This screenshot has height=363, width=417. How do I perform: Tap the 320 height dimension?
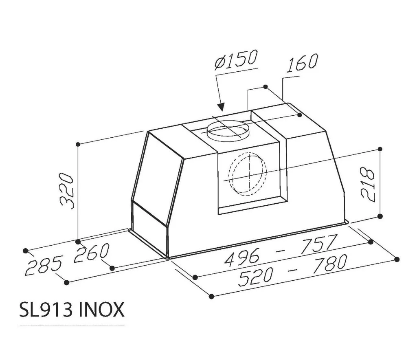pos(66,191)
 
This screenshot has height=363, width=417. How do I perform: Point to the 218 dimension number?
pos(368,184)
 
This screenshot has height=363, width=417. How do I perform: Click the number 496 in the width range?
pos(241,258)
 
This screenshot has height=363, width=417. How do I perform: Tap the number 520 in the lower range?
pos(255,276)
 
